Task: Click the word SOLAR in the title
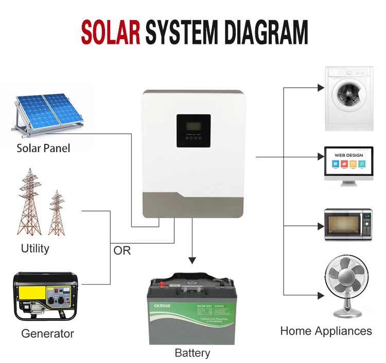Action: coord(110,32)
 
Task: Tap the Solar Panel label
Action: coord(43,148)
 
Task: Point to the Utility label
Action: coord(35,248)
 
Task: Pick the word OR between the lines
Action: coord(122,251)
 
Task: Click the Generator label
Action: coord(47,334)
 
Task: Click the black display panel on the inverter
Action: coord(194,130)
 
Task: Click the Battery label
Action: coord(192,353)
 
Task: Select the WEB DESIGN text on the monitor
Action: coord(348,155)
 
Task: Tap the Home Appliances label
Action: coord(326,331)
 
